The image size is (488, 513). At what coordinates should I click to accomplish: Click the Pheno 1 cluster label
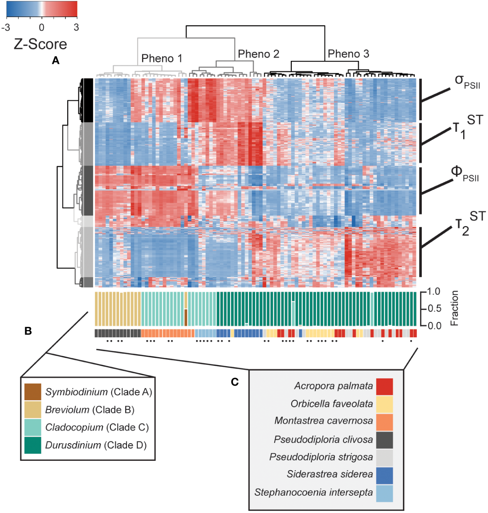(x=162, y=59)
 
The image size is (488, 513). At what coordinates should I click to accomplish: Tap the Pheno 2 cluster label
(x=258, y=54)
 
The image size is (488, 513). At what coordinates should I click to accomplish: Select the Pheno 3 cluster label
(x=348, y=54)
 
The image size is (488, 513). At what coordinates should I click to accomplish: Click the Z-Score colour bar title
(x=40, y=44)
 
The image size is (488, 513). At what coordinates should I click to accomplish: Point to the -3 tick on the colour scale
(x=6, y=27)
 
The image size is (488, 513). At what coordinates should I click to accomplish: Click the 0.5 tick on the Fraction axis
(x=435, y=309)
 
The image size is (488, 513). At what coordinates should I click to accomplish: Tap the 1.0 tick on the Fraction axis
(x=435, y=292)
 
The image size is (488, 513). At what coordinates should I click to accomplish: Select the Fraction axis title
(x=455, y=308)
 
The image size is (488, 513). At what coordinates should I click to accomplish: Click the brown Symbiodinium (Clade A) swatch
(x=33, y=392)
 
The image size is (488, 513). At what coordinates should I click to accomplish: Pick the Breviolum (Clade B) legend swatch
(x=33, y=409)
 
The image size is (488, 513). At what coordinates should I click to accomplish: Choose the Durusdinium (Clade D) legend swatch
(x=33, y=445)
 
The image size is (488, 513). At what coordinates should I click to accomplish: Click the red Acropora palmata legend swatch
(x=384, y=386)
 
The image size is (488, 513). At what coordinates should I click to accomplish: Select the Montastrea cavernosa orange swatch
(x=384, y=422)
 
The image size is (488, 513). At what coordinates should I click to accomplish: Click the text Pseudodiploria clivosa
(x=323, y=439)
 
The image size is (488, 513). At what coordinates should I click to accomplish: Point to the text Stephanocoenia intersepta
(x=313, y=492)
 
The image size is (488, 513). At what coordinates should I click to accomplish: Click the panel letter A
(x=56, y=60)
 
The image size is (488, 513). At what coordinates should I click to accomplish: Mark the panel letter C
(x=235, y=382)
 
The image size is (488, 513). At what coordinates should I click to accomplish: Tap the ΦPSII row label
(x=465, y=174)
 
